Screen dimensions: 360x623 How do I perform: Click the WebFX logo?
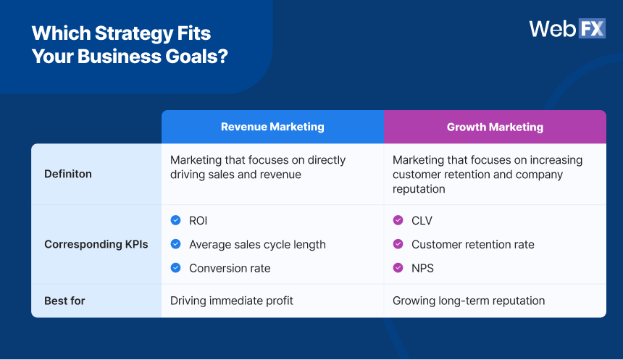click(x=566, y=28)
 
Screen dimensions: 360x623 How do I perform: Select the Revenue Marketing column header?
click(x=272, y=127)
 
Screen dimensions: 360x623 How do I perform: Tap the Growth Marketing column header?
click(x=495, y=127)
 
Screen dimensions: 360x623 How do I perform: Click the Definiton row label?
click(x=68, y=174)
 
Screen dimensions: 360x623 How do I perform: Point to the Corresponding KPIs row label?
click(x=96, y=244)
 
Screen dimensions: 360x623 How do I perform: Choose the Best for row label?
click(x=64, y=300)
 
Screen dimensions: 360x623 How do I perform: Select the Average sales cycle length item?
click(x=257, y=245)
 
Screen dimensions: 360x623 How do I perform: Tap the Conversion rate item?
click(x=230, y=268)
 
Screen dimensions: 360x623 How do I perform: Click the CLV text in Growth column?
click(x=422, y=221)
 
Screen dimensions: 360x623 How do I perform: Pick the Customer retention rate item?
click(x=472, y=245)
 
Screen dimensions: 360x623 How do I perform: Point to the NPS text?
click(x=422, y=268)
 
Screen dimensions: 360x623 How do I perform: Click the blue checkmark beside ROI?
click(x=175, y=220)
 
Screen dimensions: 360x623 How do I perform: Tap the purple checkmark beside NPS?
click(x=398, y=268)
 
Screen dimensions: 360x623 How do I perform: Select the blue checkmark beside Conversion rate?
click(x=175, y=268)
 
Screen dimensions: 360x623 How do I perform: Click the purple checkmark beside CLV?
click(x=398, y=220)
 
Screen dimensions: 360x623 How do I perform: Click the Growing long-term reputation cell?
click(x=468, y=300)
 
